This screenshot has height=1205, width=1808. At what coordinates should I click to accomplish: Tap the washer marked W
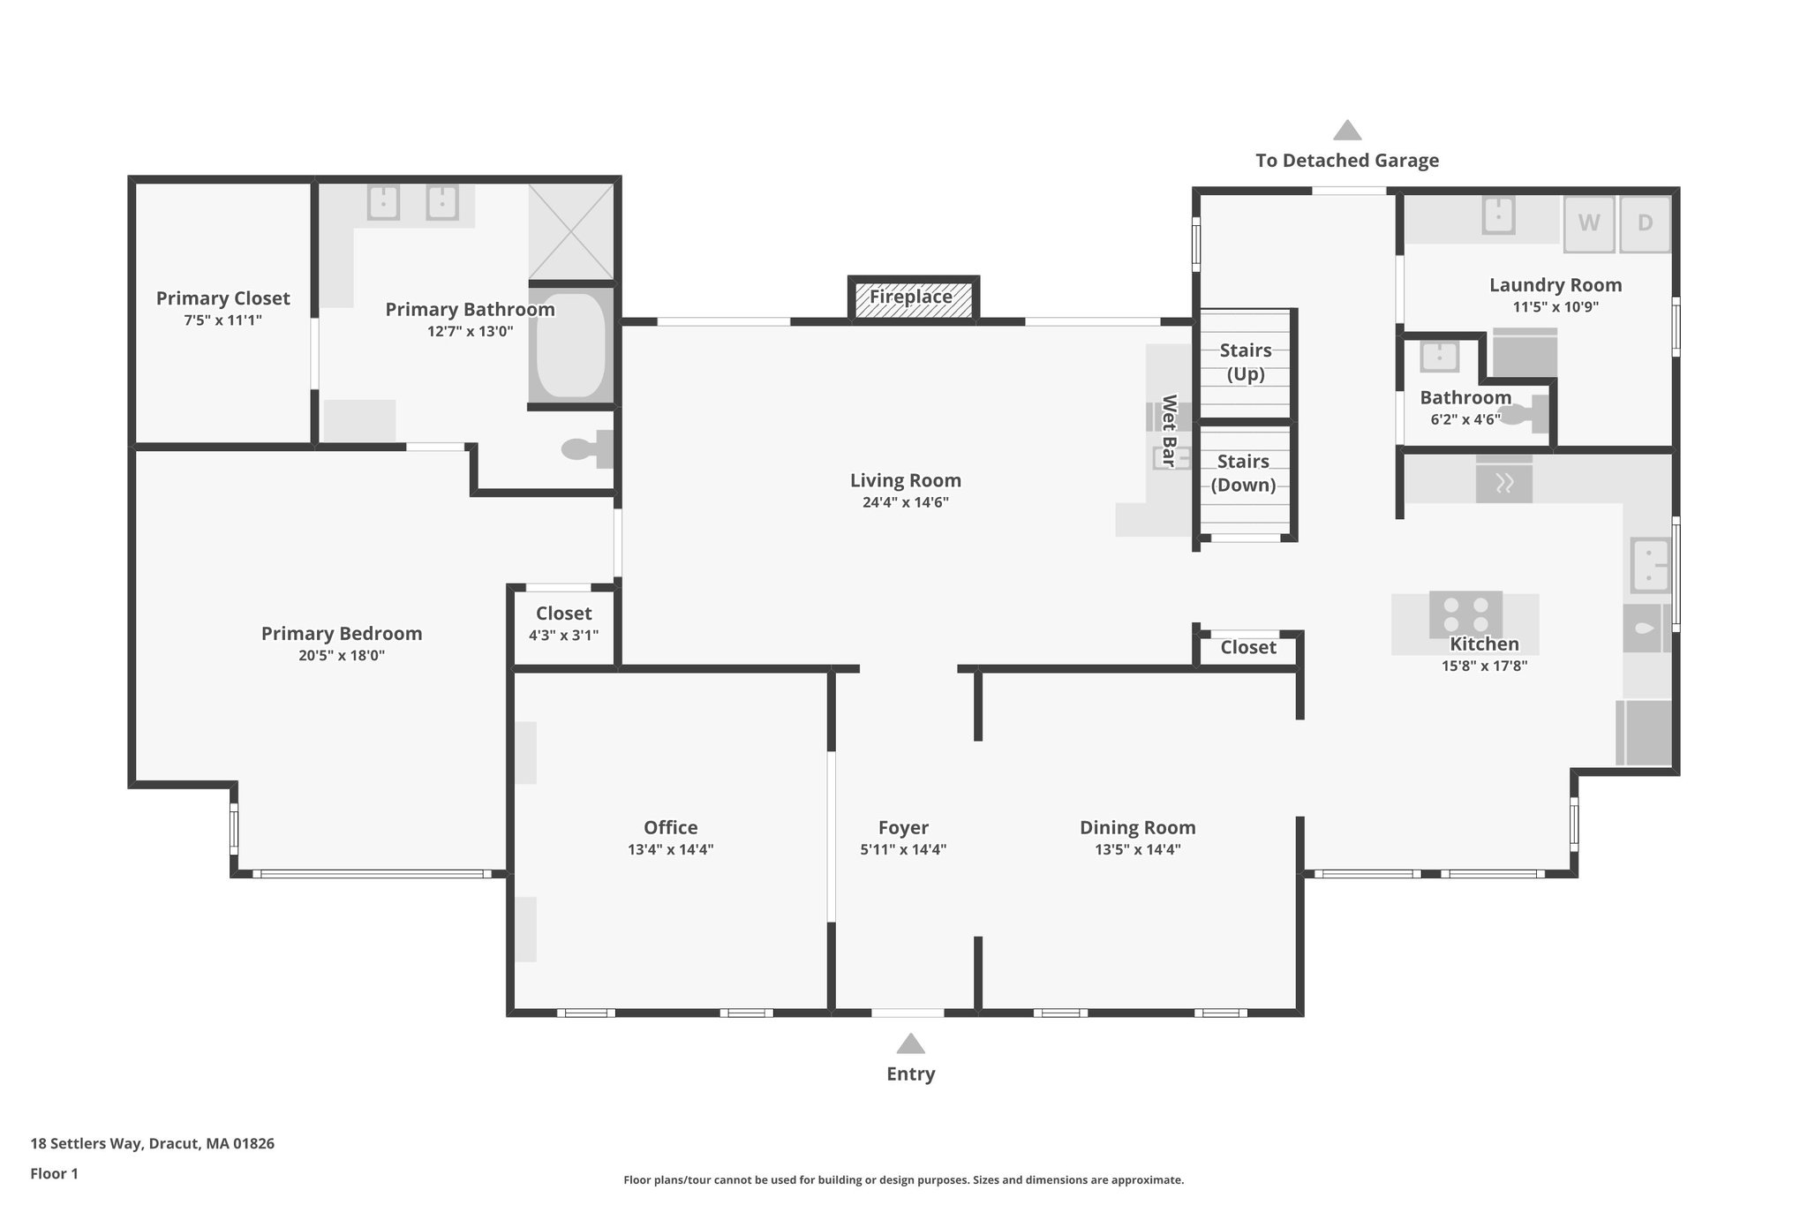(1588, 222)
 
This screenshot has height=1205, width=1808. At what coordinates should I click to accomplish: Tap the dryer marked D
(1645, 222)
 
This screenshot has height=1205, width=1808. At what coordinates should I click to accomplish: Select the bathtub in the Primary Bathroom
(570, 345)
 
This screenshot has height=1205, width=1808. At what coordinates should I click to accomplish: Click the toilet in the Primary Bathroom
(584, 449)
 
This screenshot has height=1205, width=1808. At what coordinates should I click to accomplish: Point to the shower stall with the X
(570, 231)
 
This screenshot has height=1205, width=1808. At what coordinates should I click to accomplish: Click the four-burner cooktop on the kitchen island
(1465, 614)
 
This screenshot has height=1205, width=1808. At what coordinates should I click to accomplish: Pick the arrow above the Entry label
(910, 1044)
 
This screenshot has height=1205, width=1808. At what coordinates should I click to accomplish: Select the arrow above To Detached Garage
(1346, 131)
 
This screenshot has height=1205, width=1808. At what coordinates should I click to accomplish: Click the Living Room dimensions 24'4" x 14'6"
(905, 503)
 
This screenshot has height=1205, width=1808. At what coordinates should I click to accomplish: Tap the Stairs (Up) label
(1246, 362)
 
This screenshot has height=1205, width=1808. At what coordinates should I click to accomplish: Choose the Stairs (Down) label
(1243, 473)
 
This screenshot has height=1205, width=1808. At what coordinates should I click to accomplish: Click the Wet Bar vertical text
(1169, 431)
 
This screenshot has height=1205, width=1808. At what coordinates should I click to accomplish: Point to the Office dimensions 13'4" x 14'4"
(670, 850)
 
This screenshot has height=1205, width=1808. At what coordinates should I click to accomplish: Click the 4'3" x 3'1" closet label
(563, 635)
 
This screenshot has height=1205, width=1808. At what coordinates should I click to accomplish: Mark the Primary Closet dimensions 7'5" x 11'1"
(222, 320)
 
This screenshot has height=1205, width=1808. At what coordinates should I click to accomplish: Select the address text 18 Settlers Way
(152, 1143)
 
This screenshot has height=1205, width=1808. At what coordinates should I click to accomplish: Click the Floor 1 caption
(54, 1173)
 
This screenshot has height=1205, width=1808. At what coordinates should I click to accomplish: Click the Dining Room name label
(1137, 827)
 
